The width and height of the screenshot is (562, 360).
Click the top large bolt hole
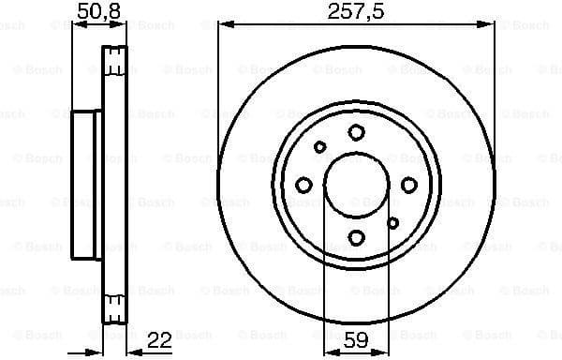point(356,132)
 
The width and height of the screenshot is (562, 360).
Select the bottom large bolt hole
point(356,237)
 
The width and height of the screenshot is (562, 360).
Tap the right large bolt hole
point(408,185)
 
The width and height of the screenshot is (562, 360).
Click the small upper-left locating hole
point(319,147)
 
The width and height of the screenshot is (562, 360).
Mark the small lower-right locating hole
point(393,222)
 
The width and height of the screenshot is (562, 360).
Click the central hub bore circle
point(356,185)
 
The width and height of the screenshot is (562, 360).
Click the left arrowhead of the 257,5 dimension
point(222,25)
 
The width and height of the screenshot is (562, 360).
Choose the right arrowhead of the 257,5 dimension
point(490,25)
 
